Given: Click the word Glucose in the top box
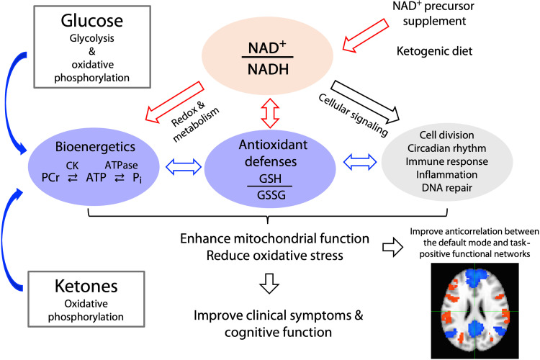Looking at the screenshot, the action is coord(92,21).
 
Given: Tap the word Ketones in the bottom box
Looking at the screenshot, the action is coord(86,287).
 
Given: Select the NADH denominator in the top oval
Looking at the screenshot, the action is coord(268,70).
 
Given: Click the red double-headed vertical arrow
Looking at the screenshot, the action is coord(270,113).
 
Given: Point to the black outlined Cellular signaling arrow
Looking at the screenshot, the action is coord(365,102).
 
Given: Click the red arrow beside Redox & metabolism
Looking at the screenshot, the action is coord(175,102).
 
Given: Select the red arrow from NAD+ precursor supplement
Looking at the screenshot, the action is coord(365,35).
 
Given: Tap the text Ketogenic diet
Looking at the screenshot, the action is coord(435,51).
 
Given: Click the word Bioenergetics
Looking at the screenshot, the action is coord(95,147).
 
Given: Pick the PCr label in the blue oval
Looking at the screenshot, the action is coord(50,177).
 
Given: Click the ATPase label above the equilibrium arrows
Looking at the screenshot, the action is coord(121,166).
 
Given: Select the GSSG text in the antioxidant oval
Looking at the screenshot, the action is coord(271,195).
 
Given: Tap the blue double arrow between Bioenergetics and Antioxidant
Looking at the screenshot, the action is coord(184,167).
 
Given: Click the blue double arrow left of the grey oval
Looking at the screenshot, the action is coord(360,161).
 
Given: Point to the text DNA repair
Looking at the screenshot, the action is coord(447,188).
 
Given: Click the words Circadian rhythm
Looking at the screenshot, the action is coord(447,148).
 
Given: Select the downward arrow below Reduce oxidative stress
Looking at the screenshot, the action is coord(269,283).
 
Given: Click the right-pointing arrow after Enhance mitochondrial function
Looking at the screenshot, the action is coord(392,247).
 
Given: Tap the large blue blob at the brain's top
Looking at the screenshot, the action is coord(476,277).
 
